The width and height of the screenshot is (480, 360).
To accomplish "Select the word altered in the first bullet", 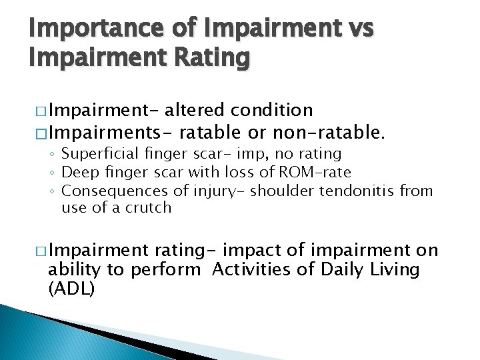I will click(x=197, y=110).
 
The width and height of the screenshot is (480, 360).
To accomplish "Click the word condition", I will click(x=273, y=110).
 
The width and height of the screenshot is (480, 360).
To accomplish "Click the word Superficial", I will click(x=100, y=154).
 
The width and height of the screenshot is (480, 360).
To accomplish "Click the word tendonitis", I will click(x=357, y=191).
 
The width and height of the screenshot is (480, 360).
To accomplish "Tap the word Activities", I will click(x=256, y=270).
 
